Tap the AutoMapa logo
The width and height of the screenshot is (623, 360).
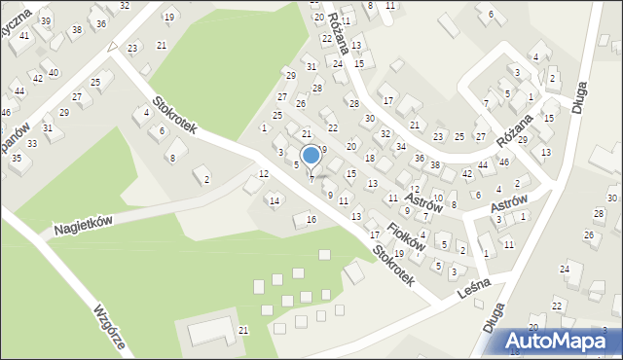coord(561,342)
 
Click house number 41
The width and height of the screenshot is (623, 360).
coord(24,35)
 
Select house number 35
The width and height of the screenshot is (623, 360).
coord(16,158)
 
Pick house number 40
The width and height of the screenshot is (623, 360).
coord(54,73)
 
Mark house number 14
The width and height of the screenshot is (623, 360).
coord(275,201)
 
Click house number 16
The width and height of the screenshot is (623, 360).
coord(311,220)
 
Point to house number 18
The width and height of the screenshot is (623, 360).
coord(370,158)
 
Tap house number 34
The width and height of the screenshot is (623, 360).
coord(401,147)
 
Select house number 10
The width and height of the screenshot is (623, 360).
coord(438,198)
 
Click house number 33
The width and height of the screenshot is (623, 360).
coord(32,143)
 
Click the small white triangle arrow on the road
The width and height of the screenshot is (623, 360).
coord(112,46)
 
